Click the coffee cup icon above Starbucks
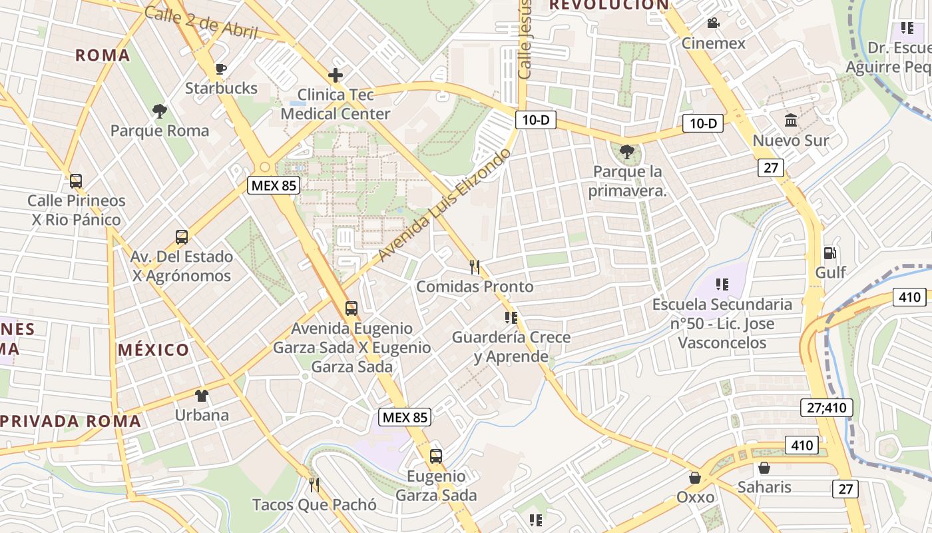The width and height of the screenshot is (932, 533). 221,69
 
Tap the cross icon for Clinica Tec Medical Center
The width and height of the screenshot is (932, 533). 336,75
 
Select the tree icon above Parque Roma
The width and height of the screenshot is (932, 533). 159,111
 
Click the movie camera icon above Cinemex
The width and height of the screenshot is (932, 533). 713,23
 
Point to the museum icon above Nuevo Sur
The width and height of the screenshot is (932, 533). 791,121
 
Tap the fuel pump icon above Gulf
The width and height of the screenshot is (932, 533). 830,253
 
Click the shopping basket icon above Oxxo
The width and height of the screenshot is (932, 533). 695,478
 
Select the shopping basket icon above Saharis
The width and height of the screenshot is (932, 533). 764,468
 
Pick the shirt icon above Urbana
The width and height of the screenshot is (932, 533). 201,395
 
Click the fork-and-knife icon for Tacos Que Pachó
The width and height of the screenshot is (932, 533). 314,485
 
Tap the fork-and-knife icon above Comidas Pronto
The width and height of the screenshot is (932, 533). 475,267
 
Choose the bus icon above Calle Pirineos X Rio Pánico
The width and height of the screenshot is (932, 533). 76,181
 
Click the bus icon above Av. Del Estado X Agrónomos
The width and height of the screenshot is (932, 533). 181,237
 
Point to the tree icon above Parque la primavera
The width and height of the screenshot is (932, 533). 626,152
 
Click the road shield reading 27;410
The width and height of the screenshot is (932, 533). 826,407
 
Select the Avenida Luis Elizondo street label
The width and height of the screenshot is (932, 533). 444,205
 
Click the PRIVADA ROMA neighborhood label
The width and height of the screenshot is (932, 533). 71,421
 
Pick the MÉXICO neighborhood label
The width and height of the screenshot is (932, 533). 154,350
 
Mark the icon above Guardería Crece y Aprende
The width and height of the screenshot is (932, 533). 511,318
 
